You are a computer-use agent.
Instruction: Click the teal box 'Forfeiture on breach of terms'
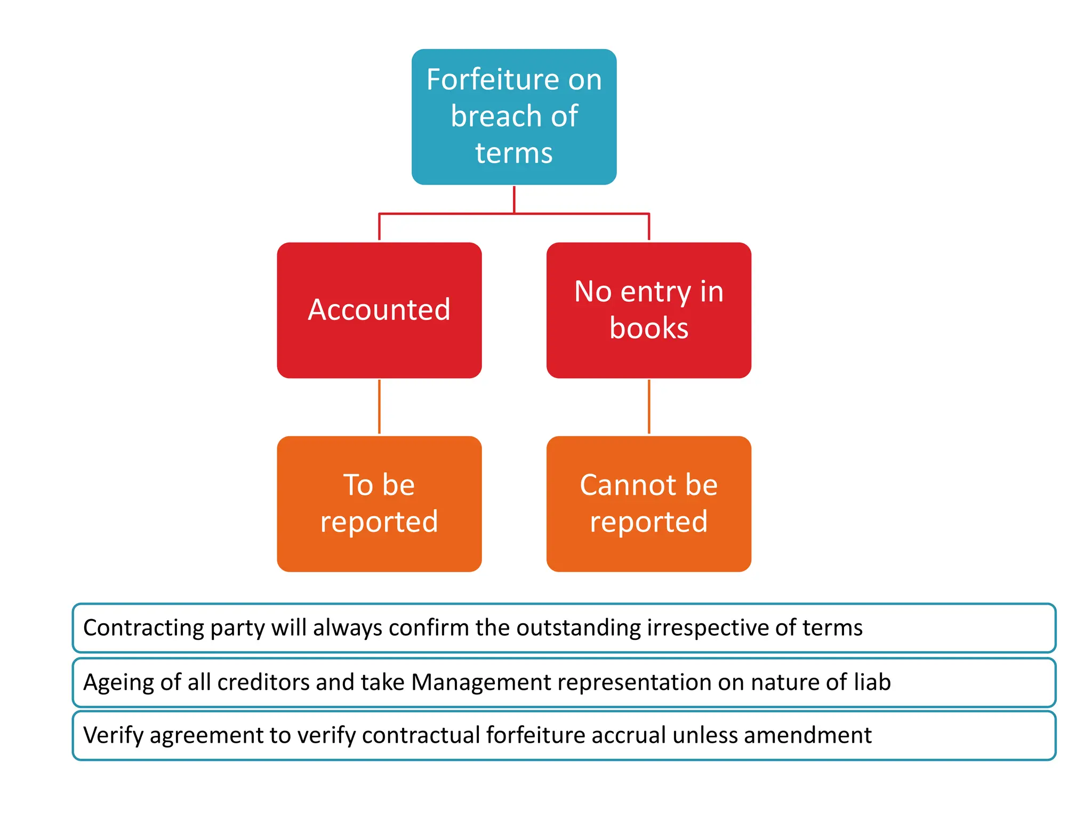tap(514, 117)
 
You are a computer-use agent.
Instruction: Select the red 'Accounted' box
tap(379, 310)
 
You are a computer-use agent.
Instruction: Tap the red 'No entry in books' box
tap(648, 310)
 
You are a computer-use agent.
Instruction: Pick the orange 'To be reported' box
tap(379, 503)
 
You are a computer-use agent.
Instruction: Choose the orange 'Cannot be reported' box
tap(648, 503)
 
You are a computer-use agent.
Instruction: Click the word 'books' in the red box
tap(649, 328)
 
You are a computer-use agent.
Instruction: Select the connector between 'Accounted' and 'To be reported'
tap(379, 407)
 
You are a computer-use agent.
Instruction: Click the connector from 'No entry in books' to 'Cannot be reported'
tap(648, 407)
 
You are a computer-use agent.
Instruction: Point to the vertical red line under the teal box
tap(514, 199)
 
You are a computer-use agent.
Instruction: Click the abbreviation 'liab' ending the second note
tap(872, 682)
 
